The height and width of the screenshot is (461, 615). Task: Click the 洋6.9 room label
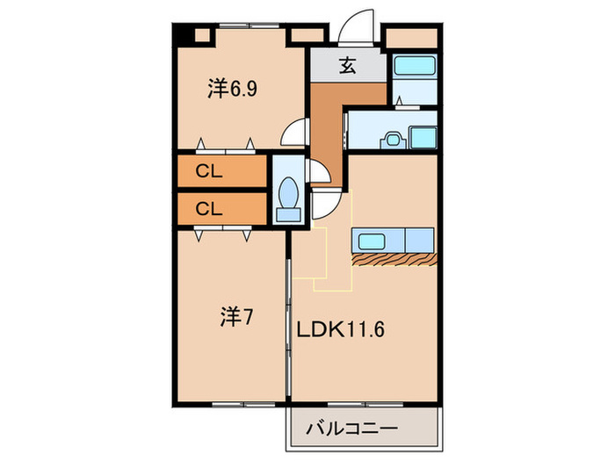(232, 88)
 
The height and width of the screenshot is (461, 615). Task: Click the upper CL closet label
(208, 171)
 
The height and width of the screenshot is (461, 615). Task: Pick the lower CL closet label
(208, 208)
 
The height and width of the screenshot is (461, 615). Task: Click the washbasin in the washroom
(392, 139)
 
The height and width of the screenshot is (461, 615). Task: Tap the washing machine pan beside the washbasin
(423, 137)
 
